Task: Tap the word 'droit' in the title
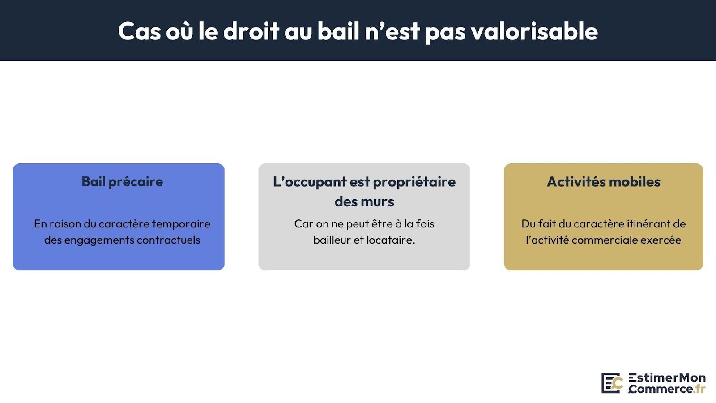click(251, 31)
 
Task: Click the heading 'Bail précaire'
click(122, 182)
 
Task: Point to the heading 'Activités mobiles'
click(604, 182)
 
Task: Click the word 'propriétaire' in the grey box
click(414, 182)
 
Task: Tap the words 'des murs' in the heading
click(364, 201)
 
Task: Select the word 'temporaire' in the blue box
click(181, 224)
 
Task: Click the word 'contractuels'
click(168, 240)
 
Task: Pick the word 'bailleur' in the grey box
click(332, 240)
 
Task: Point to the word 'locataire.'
click(391, 240)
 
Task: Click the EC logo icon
click(612, 383)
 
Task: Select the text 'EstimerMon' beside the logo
click(667, 378)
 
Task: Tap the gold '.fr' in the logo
click(700, 389)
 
